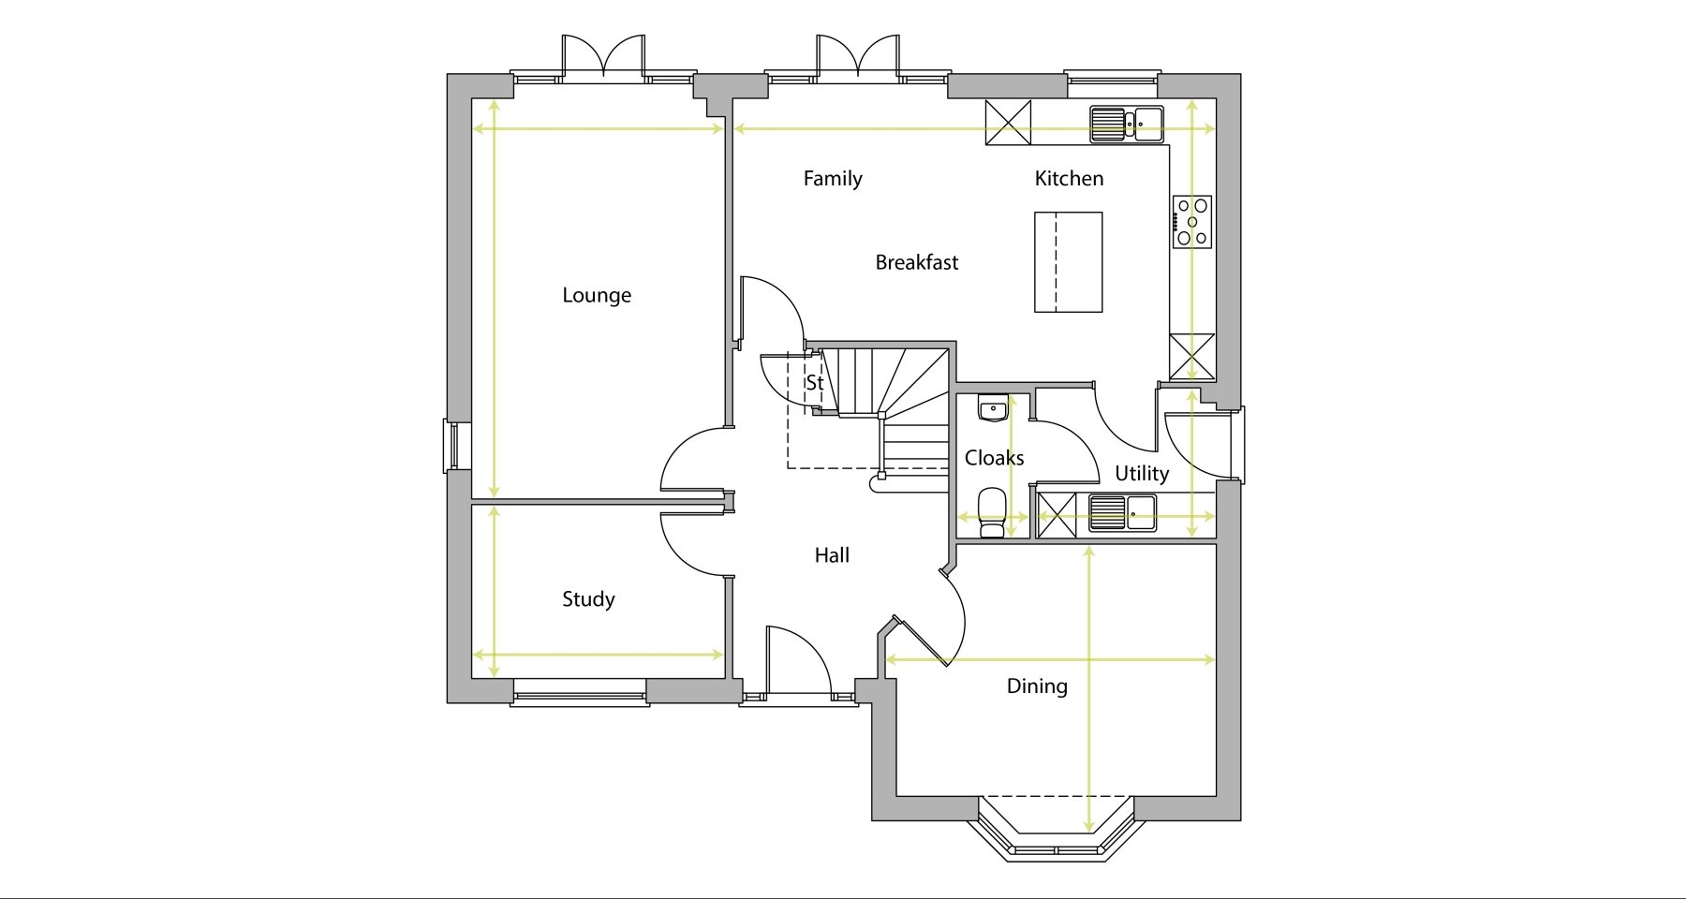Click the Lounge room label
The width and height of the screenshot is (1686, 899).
pyautogui.click(x=597, y=296)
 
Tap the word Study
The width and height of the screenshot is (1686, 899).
pyautogui.click(x=588, y=599)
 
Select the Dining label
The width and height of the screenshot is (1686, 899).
pyautogui.click(x=1037, y=686)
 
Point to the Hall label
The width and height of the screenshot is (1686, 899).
pyautogui.click(x=832, y=555)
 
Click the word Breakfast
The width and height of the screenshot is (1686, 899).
pyautogui.click(x=917, y=262)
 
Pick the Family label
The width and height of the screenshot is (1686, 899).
pyautogui.click(x=833, y=179)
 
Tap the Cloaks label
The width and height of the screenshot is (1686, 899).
pyautogui.click(x=994, y=458)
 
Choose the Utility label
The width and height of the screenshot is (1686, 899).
pyautogui.click(x=1142, y=474)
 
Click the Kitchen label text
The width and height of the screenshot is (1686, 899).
pyautogui.click(x=1069, y=178)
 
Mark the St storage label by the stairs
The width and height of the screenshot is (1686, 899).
pyautogui.click(x=815, y=383)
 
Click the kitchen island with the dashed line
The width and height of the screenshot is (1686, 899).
pyautogui.click(x=1068, y=262)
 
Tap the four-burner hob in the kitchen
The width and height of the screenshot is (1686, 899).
pyautogui.click(x=1192, y=222)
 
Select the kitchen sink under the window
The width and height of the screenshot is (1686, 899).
pyautogui.click(x=1127, y=124)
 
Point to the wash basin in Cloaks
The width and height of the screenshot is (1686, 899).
pyautogui.click(x=993, y=408)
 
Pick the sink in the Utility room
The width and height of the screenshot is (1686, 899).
pyautogui.click(x=1122, y=513)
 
